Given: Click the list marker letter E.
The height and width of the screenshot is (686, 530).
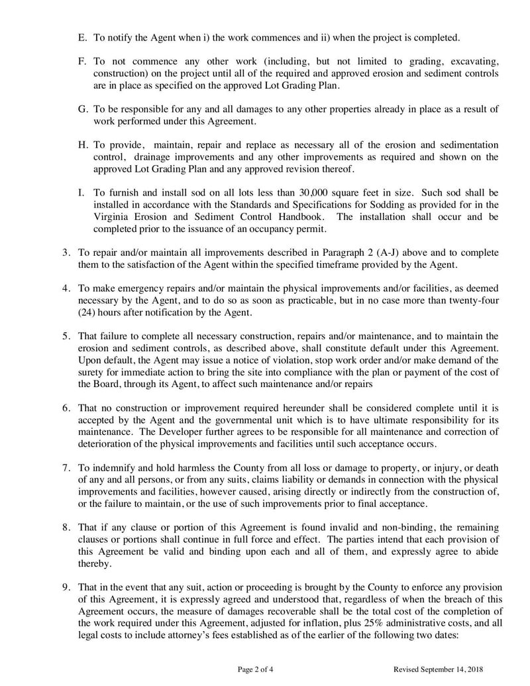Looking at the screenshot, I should (81, 36).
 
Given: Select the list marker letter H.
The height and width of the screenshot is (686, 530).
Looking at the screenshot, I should (82, 144).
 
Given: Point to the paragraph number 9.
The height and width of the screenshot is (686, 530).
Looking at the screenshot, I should (66, 587).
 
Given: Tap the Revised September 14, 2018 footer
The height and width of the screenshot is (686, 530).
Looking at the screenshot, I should (438, 669).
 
